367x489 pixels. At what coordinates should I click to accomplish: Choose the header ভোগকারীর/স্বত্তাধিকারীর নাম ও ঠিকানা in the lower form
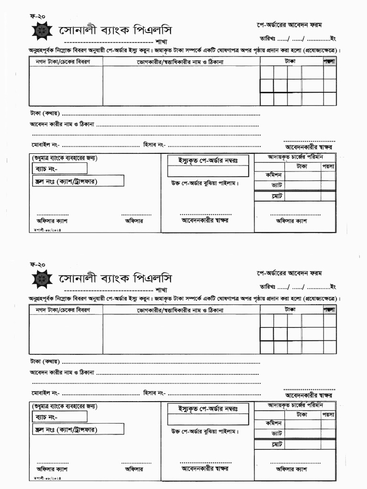(182, 309)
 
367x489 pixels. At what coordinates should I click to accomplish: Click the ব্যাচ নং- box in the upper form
(60, 169)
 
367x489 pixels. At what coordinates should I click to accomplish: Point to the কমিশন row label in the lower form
(274, 423)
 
